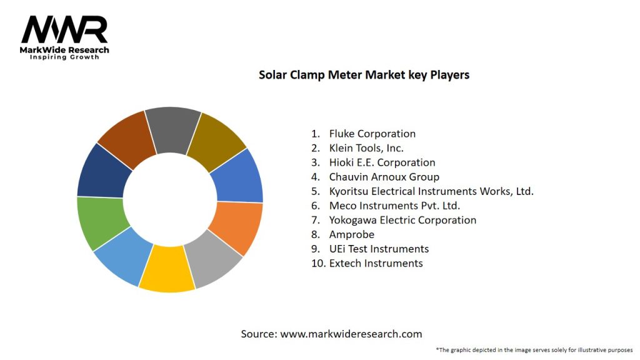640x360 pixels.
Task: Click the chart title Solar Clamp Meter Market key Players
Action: click(x=364, y=75)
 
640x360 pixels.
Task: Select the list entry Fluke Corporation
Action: click(x=372, y=134)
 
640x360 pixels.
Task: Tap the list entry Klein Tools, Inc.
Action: click(x=366, y=148)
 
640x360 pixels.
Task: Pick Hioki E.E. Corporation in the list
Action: click(x=382, y=162)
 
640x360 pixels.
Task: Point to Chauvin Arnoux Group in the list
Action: click(x=384, y=177)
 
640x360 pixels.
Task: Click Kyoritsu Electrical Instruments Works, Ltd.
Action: click(x=431, y=191)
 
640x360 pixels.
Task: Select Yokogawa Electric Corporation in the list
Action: click(x=402, y=220)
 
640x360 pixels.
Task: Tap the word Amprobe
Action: click(x=352, y=234)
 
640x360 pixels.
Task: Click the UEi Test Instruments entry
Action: click(x=379, y=249)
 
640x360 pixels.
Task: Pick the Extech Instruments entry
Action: click(x=376, y=263)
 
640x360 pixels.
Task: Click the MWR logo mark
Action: click(x=64, y=30)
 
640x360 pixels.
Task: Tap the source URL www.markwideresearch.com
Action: click(x=351, y=334)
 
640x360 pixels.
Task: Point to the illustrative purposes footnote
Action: click(x=534, y=350)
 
